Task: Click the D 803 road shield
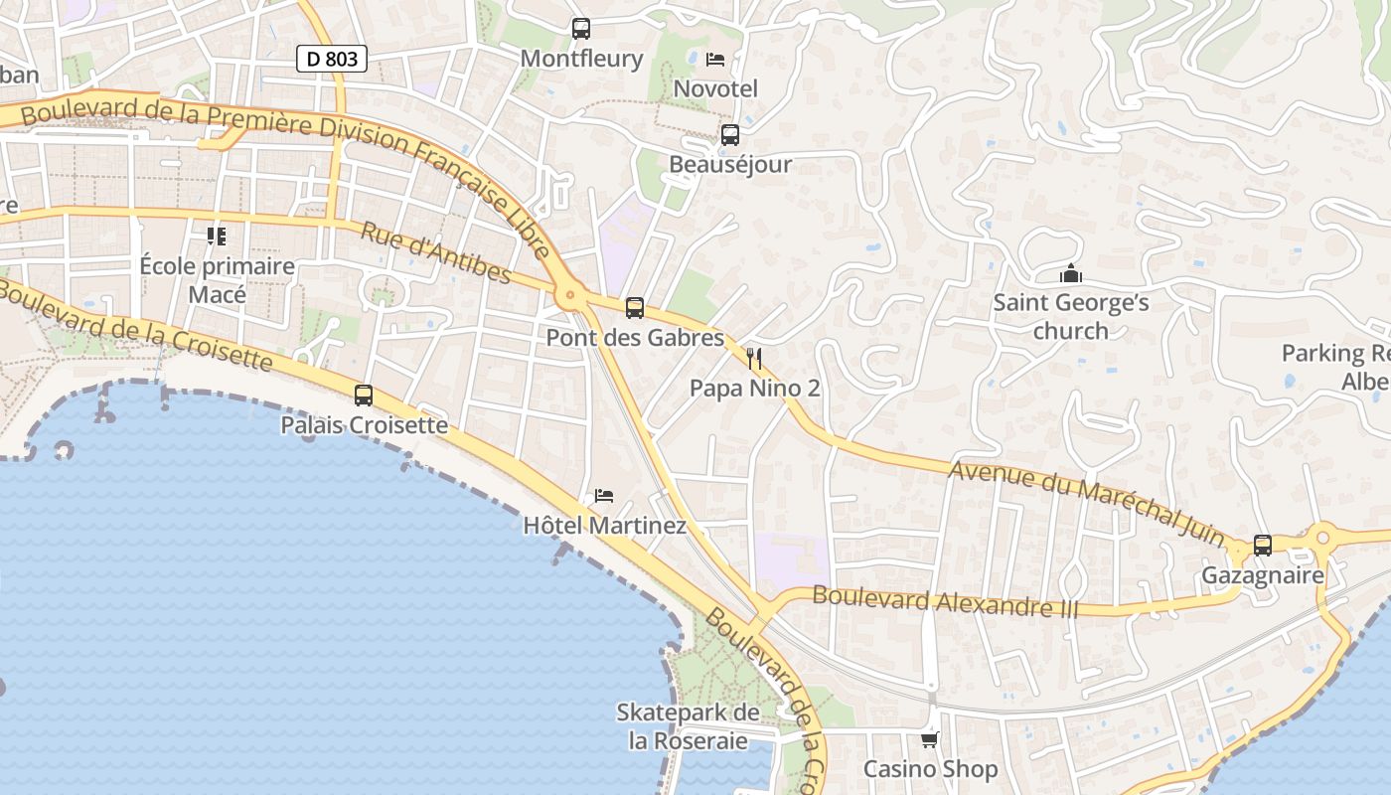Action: point(332,59)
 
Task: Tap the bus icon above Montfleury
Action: point(581,29)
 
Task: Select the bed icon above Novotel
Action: point(714,60)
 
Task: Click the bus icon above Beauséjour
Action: point(730,135)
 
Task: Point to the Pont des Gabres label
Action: point(635,338)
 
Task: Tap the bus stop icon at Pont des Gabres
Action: point(635,308)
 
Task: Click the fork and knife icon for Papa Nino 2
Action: point(754,358)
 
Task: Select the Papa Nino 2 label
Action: point(754,388)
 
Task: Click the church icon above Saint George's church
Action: point(1071,273)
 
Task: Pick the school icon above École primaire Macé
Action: point(217,237)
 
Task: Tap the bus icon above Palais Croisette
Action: point(364,396)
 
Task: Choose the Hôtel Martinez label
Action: point(604,525)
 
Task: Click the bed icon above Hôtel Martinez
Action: point(603,495)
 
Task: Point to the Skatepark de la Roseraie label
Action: point(688,726)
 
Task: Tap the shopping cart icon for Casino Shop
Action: point(930,739)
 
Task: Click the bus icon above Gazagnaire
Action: point(1262,546)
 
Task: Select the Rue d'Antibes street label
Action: point(435,252)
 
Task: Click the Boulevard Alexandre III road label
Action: point(945,601)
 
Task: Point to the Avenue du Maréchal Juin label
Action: point(1086,502)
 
